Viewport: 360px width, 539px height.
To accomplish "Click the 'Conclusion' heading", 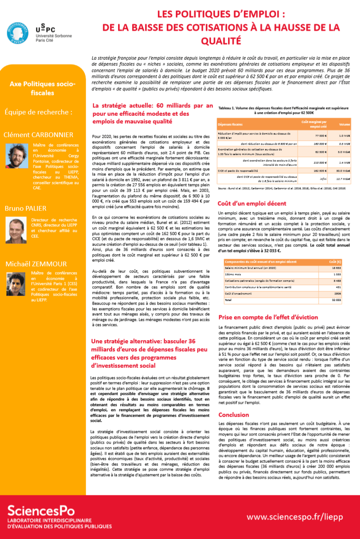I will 233,415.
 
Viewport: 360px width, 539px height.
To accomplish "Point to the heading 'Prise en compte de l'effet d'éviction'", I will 268,317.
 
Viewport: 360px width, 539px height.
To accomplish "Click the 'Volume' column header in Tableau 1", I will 344,124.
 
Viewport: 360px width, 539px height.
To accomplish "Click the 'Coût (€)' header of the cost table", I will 335,261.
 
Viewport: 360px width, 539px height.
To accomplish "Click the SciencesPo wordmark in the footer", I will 41,510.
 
